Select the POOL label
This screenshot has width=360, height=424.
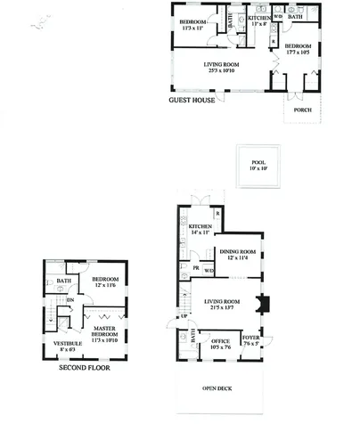258,162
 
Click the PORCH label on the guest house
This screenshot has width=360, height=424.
302,112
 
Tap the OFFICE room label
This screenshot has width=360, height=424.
220,339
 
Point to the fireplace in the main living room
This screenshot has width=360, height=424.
259,305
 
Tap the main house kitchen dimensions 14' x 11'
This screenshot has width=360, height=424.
200,234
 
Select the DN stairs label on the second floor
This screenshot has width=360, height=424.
71,300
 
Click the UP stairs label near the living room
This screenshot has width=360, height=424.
184,316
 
